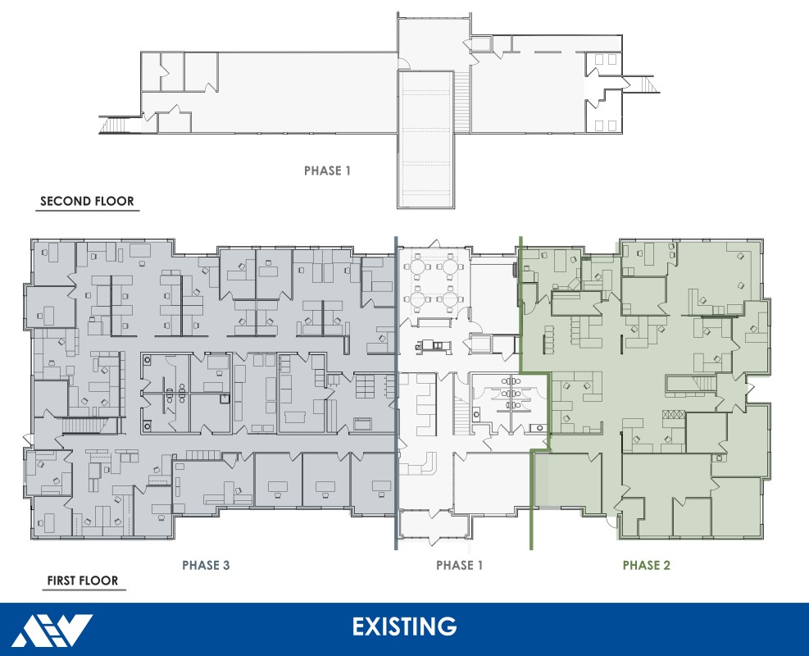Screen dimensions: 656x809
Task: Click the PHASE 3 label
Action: tap(211, 565)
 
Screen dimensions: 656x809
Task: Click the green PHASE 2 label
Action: tap(646, 565)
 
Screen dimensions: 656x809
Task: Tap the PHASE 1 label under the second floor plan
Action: tap(327, 171)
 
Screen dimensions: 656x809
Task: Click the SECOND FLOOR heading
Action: tap(87, 201)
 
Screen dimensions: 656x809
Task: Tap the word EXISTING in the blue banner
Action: tap(404, 627)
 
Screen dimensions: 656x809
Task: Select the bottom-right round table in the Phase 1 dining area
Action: tap(450, 301)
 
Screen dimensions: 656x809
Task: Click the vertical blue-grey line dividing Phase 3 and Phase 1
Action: tap(397, 394)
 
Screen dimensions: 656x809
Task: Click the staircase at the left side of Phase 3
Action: tap(85, 425)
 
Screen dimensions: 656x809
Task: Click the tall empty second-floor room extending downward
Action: tap(426, 139)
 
